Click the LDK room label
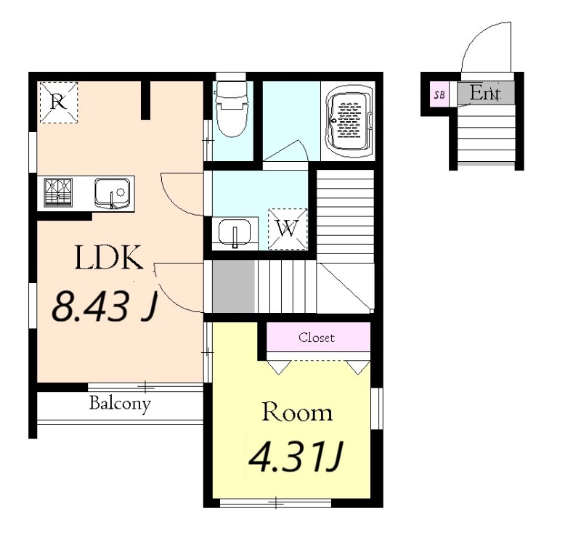pos(109,258)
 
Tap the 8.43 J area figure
pos(105,306)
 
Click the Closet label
pos(317,338)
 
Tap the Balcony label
pos(120,404)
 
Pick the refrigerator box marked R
pos(59,102)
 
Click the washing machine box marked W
pos(288,229)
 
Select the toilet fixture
pos(232,109)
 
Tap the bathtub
pos(349,121)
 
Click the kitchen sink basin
pos(113,193)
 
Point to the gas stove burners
pos(58,192)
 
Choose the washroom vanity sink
pos(234,233)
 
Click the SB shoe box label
pos(439,94)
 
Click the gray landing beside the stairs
pos(234,286)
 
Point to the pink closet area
pos(319,337)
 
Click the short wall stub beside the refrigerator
pos(146,100)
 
